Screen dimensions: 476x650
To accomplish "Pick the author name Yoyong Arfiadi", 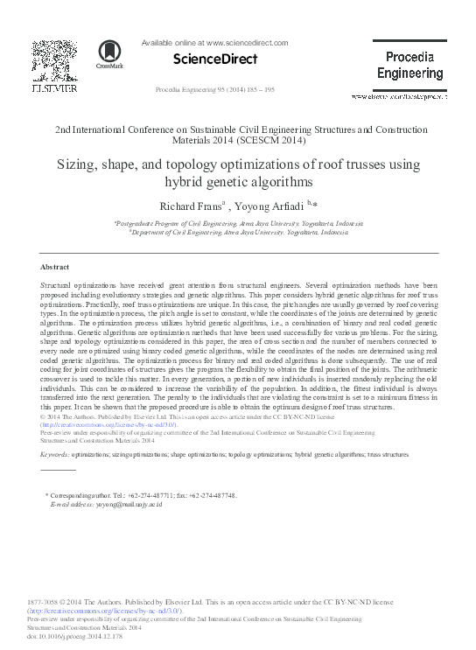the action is (268, 206).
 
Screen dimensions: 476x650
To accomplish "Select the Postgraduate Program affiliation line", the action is (238, 224).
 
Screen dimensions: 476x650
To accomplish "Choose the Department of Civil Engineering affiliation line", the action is (238, 233).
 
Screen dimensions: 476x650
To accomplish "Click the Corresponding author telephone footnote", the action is (141, 495).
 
